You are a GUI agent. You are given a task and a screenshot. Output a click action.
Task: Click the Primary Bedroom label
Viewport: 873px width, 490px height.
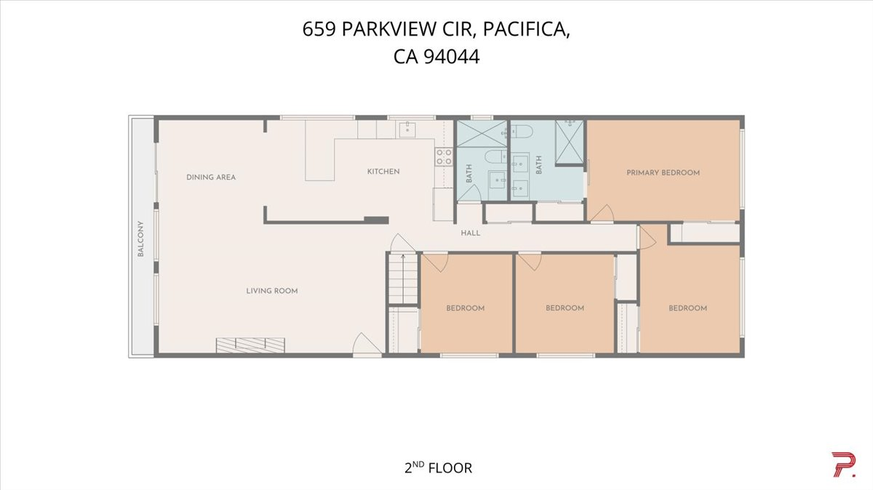pyautogui.click(x=663, y=173)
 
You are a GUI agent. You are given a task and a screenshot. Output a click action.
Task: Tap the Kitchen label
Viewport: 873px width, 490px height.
pyautogui.click(x=383, y=172)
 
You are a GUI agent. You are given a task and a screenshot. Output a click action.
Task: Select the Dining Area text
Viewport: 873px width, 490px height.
pyautogui.click(x=211, y=177)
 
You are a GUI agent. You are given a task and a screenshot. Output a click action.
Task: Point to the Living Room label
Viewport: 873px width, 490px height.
pyautogui.click(x=271, y=291)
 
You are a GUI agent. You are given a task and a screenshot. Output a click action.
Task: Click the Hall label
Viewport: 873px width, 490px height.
pyautogui.click(x=471, y=233)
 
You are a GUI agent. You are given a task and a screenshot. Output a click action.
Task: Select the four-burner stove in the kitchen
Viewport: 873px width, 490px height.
pyautogui.click(x=443, y=156)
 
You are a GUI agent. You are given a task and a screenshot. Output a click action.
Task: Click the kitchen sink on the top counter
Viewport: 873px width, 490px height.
pyautogui.click(x=406, y=130)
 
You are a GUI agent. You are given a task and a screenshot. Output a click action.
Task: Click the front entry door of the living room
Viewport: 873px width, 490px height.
pyautogui.click(x=367, y=345)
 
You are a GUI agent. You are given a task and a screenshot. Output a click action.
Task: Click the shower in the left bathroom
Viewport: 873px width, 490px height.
pyautogui.click(x=481, y=134)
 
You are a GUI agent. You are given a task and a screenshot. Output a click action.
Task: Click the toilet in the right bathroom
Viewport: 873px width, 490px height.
pyautogui.click(x=522, y=132)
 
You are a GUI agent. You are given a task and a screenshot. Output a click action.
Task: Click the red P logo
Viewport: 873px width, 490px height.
pyautogui.click(x=843, y=465)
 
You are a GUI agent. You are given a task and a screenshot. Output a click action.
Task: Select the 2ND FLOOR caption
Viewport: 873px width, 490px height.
pyautogui.click(x=437, y=467)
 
